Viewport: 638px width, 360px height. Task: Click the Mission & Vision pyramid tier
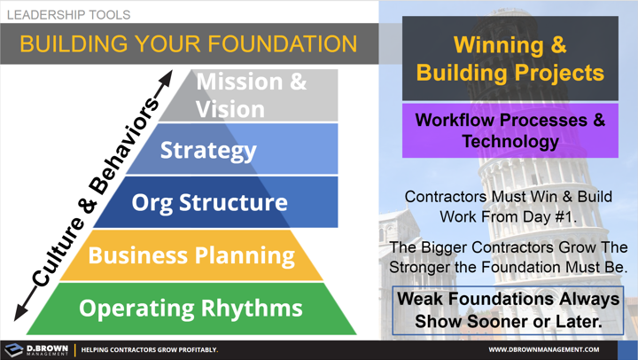coord(252,95)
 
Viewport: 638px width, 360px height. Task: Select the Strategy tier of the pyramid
coord(209,149)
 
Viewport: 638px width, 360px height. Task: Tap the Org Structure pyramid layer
coord(209,202)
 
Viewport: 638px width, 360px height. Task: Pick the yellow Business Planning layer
coord(191,255)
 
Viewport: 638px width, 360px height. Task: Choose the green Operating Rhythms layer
coord(191,309)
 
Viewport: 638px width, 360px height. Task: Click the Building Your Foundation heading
coord(188,43)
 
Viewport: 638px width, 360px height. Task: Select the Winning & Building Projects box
coord(510,58)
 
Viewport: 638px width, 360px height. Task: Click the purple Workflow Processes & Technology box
coord(510,130)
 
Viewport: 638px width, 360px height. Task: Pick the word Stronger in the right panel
coord(430,266)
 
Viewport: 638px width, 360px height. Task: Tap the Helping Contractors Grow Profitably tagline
coord(149,349)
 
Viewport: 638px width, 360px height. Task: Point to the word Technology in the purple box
coord(510,141)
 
